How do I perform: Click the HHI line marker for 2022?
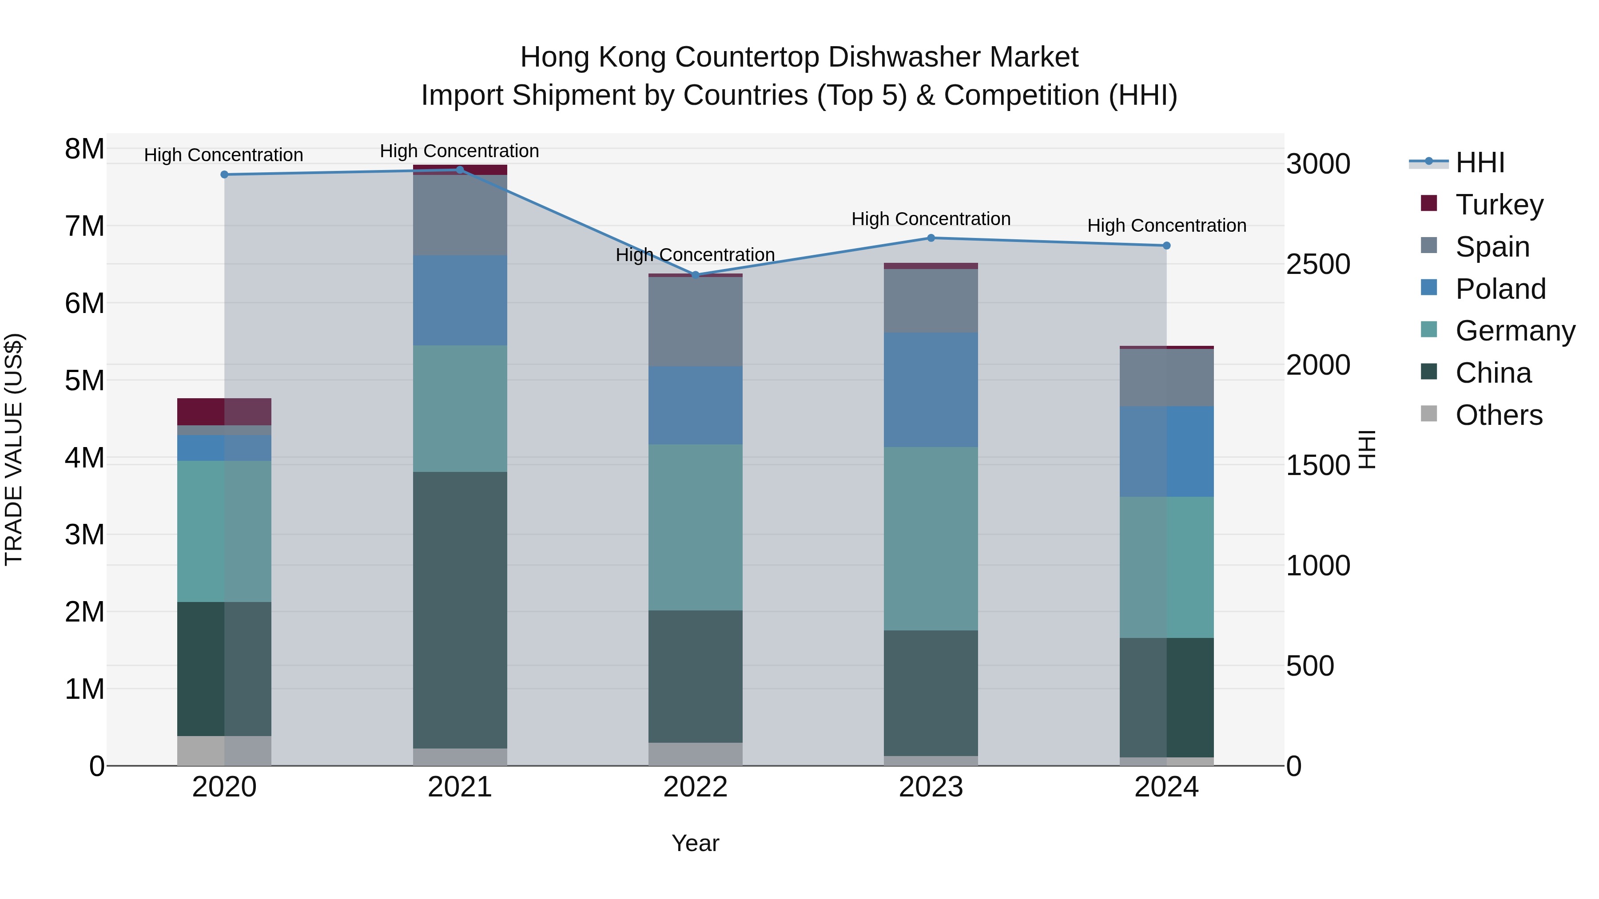coord(695,275)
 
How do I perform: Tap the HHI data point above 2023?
coord(931,238)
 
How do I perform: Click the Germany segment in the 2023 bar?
coord(931,538)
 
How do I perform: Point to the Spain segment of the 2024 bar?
coord(1166,377)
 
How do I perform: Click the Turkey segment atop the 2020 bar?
coord(224,412)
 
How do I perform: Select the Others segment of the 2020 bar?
coord(224,750)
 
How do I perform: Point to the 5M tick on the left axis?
coord(84,380)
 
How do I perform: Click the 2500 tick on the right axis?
coord(1317,264)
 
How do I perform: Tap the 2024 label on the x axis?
coord(1166,787)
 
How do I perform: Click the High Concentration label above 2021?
coord(459,151)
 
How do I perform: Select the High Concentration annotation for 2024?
coord(1166,225)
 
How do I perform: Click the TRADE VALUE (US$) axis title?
coord(14,449)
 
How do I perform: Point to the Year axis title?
coord(695,843)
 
